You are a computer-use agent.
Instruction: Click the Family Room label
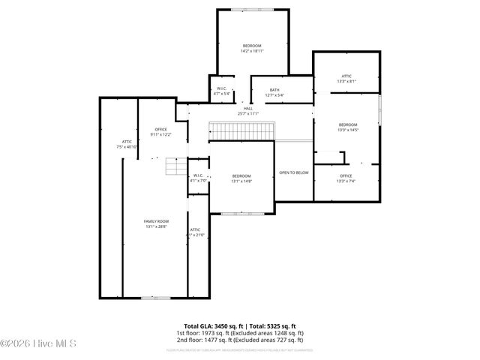click(156, 223)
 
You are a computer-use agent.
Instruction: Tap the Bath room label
click(274, 92)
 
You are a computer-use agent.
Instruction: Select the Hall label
click(247, 111)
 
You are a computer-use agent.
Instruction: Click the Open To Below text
click(294, 172)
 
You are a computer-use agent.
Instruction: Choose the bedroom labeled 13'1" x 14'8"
click(241, 178)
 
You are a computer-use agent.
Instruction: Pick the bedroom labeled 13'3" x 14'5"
click(348, 127)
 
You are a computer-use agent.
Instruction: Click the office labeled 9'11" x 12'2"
click(160, 132)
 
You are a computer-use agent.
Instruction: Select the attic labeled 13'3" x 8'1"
click(346, 78)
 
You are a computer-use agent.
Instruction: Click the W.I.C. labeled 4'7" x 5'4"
click(222, 91)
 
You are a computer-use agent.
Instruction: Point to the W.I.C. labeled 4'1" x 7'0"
click(198, 178)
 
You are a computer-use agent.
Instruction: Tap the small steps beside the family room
click(175, 166)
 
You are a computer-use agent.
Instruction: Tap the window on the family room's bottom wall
click(155, 298)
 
